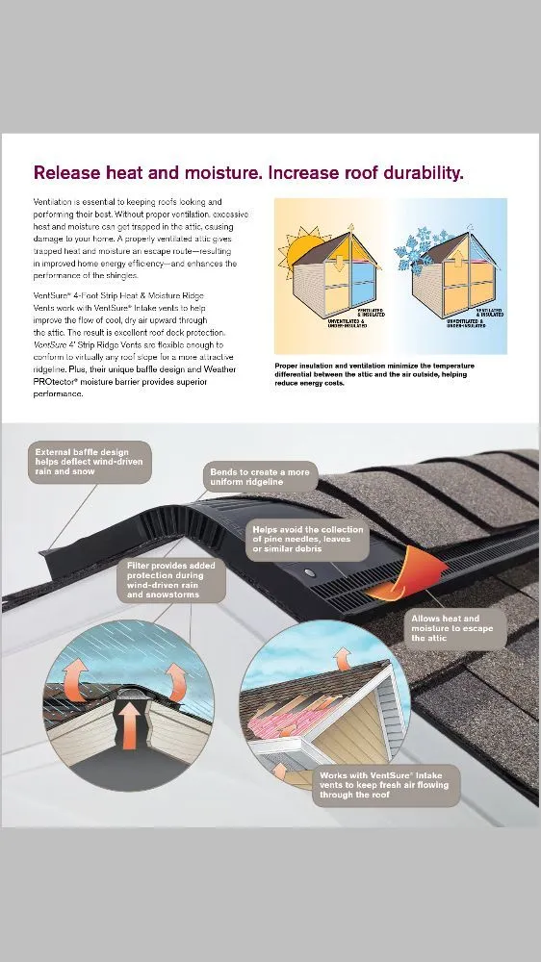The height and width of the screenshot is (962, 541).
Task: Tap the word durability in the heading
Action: click(x=416, y=173)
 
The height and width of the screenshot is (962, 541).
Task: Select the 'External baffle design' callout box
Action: click(x=90, y=461)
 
